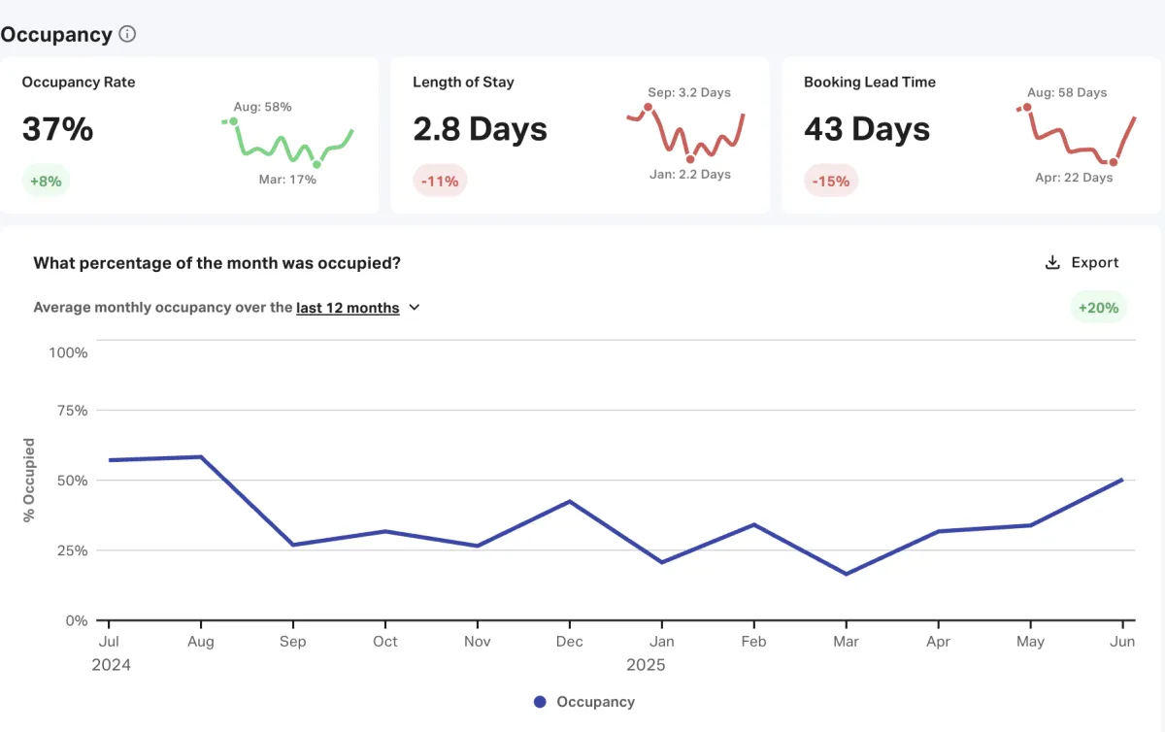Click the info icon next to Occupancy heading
click(127, 34)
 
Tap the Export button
click(1082, 262)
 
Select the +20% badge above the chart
click(1099, 308)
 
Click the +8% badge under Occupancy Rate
click(46, 181)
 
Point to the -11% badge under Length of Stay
click(440, 181)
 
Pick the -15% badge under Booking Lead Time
click(831, 181)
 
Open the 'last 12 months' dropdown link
click(348, 308)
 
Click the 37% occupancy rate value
click(57, 129)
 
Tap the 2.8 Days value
click(480, 129)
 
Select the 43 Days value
click(867, 129)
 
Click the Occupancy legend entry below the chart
click(584, 702)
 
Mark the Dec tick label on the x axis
click(570, 642)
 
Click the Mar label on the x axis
click(846, 642)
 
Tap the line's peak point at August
click(201, 457)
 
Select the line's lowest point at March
click(846, 574)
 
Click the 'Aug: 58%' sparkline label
click(262, 107)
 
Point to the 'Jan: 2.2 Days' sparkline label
click(689, 175)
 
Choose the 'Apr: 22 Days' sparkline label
click(1074, 178)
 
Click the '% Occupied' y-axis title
click(29, 481)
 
